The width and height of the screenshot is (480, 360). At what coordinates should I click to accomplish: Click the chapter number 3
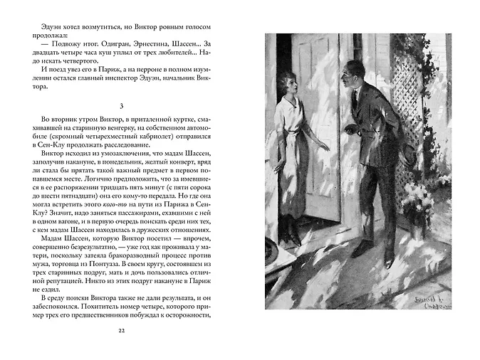(x=121, y=105)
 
